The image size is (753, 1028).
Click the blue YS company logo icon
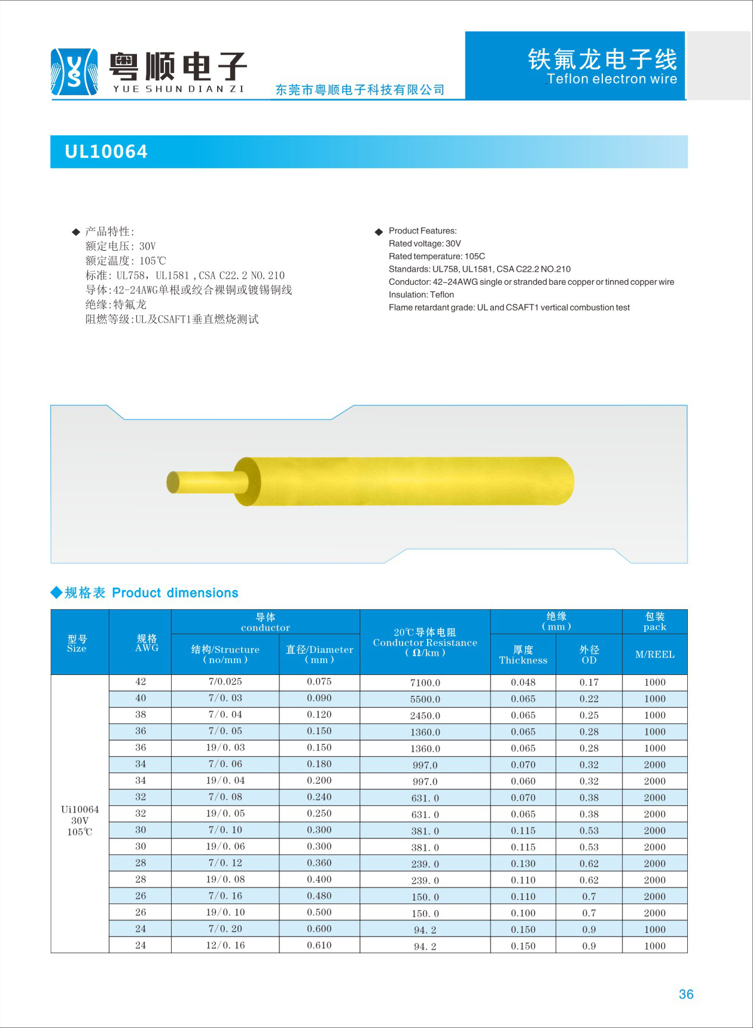tap(74, 72)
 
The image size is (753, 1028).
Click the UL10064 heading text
tap(106, 152)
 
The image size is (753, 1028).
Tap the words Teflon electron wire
tap(611, 79)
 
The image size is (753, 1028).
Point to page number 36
tap(686, 994)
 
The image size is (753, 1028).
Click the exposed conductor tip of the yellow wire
tap(173, 482)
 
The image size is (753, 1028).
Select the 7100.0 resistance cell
tap(425, 683)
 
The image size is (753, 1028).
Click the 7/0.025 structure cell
tap(225, 682)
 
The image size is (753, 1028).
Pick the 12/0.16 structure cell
tap(225, 945)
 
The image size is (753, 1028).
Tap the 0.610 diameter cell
tap(319, 945)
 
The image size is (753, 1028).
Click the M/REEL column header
tap(654, 655)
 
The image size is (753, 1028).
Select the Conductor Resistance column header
tap(425, 642)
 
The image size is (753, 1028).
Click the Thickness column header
tap(523, 655)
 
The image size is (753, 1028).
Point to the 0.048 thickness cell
tap(523, 683)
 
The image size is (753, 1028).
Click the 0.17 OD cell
tap(589, 683)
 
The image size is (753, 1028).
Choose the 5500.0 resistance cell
tap(425, 699)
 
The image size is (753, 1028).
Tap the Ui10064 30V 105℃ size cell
tap(80, 820)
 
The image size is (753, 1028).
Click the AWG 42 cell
tap(141, 682)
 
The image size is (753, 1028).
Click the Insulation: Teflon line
tap(421, 294)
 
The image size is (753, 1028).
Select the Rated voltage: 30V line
tap(425, 244)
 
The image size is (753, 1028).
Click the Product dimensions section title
tap(175, 593)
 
